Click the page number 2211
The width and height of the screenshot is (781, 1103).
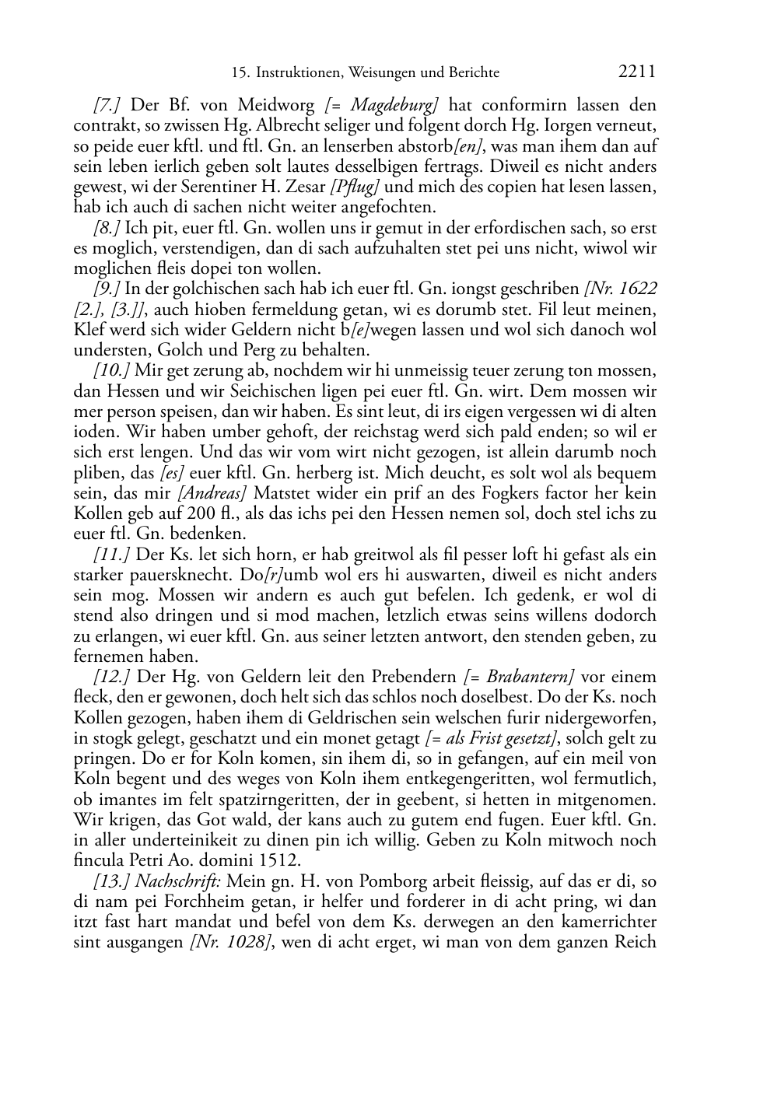click(x=637, y=72)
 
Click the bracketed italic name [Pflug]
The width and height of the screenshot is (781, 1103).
click(x=355, y=187)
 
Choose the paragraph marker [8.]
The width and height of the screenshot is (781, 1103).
click(x=107, y=229)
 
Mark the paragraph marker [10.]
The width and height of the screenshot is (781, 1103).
click(x=111, y=370)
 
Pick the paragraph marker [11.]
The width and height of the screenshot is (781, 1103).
click(x=111, y=555)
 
